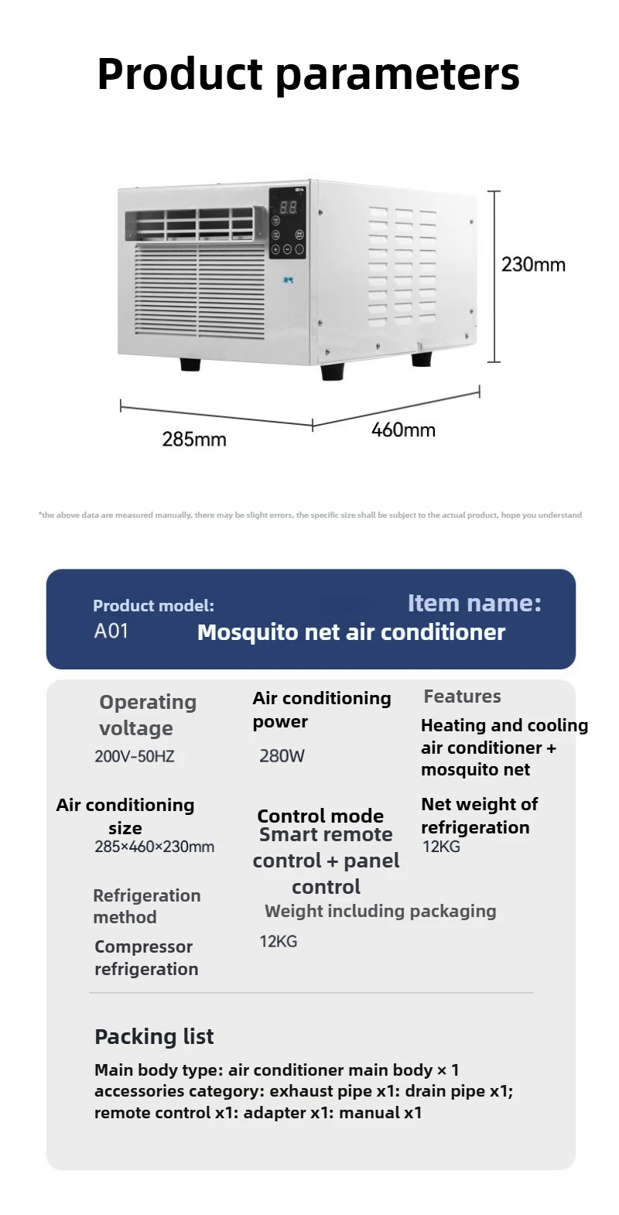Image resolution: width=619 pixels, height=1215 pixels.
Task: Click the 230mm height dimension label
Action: pyautogui.click(x=533, y=265)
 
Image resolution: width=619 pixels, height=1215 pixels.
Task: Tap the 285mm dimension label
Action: pyautogui.click(x=194, y=440)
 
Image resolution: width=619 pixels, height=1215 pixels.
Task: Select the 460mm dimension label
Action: pyautogui.click(x=403, y=430)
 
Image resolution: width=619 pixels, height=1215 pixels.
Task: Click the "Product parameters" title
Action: pyautogui.click(x=309, y=74)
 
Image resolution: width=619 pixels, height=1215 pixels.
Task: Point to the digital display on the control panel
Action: pyautogui.click(x=288, y=207)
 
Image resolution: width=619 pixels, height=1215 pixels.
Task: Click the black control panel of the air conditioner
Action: pyautogui.click(x=287, y=224)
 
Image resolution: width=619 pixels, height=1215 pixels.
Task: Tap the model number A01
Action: pyautogui.click(x=111, y=631)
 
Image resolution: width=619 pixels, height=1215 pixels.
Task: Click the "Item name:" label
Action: pyautogui.click(x=474, y=603)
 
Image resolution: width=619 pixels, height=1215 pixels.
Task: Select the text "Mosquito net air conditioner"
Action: pyautogui.click(x=351, y=632)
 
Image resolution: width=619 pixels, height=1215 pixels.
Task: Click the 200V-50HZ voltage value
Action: pyautogui.click(x=135, y=756)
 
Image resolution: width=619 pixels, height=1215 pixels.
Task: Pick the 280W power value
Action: pyautogui.click(x=282, y=756)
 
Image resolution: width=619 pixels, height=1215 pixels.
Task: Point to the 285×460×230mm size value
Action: pyautogui.click(x=154, y=847)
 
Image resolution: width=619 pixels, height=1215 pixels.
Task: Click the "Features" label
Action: pyautogui.click(x=462, y=696)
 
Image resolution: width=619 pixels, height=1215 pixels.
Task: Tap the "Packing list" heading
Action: pyautogui.click(x=154, y=1037)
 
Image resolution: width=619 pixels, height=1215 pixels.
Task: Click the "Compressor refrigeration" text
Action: pyautogui.click(x=146, y=958)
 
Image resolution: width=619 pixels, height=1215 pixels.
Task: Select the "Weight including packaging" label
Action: pyautogui.click(x=380, y=911)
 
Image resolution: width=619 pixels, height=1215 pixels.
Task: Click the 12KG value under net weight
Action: pyautogui.click(x=441, y=847)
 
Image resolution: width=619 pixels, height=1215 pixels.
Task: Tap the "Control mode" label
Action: pyautogui.click(x=320, y=816)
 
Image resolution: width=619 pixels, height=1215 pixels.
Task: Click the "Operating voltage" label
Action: pyautogui.click(x=148, y=715)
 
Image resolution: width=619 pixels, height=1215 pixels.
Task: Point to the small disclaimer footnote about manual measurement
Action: pyautogui.click(x=309, y=515)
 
